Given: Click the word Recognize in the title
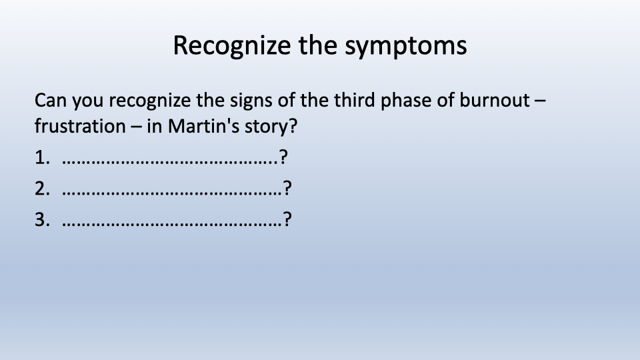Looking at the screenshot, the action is [x=231, y=46].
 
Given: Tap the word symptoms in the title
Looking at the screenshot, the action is [x=406, y=47].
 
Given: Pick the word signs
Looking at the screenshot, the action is [x=251, y=101].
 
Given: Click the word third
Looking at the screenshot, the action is [x=354, y=100].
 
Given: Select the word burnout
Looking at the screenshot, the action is [x=495, y=100].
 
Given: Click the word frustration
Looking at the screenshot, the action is [x=80, y=126].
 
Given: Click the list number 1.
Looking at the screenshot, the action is [x=42, y=157].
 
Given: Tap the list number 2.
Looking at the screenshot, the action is [x=42, y=189].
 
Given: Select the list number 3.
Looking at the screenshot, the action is [x=42, y=219].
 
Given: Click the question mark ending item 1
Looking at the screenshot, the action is [x=284, y=157].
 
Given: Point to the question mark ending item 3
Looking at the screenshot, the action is [x=287, y=219].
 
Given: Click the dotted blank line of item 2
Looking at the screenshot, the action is [x=172, y=194].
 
